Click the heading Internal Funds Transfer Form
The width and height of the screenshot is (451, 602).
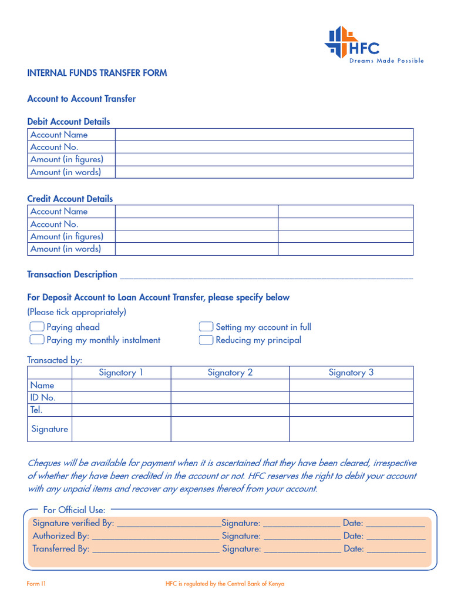(x=97, y=73)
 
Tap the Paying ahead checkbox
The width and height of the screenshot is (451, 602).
(x=37, y=327)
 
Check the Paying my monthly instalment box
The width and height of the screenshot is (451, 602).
(x=37, y=340)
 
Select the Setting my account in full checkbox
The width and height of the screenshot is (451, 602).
(x=206, y=327)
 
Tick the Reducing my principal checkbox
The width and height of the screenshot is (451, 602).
(x=206, y=340)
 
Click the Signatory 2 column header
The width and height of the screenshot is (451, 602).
(x=230, y=372)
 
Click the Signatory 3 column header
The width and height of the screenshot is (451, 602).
(x=351, y=372)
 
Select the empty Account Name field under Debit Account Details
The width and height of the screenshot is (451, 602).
(x=264, y=135)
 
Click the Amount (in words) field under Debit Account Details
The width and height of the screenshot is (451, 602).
(x=264, y=172)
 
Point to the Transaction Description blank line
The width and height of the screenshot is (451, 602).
(x=266, y=275)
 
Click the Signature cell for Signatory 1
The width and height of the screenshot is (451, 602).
(x=121, y=429)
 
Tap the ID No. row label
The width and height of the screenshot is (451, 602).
(x=43, y=397)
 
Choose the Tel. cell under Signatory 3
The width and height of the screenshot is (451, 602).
(x=351, y=410)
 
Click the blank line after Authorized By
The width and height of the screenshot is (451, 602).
(x=155, y=536)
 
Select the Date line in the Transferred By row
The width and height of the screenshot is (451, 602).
(x=396, y=549)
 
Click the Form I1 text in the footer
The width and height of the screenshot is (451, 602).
(x=36, y=584)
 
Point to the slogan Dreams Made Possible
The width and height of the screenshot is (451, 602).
(x=386, y=61)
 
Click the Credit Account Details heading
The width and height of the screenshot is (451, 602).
(x=70, y=199)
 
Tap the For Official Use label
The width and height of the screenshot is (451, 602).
(x=74, y=510)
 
